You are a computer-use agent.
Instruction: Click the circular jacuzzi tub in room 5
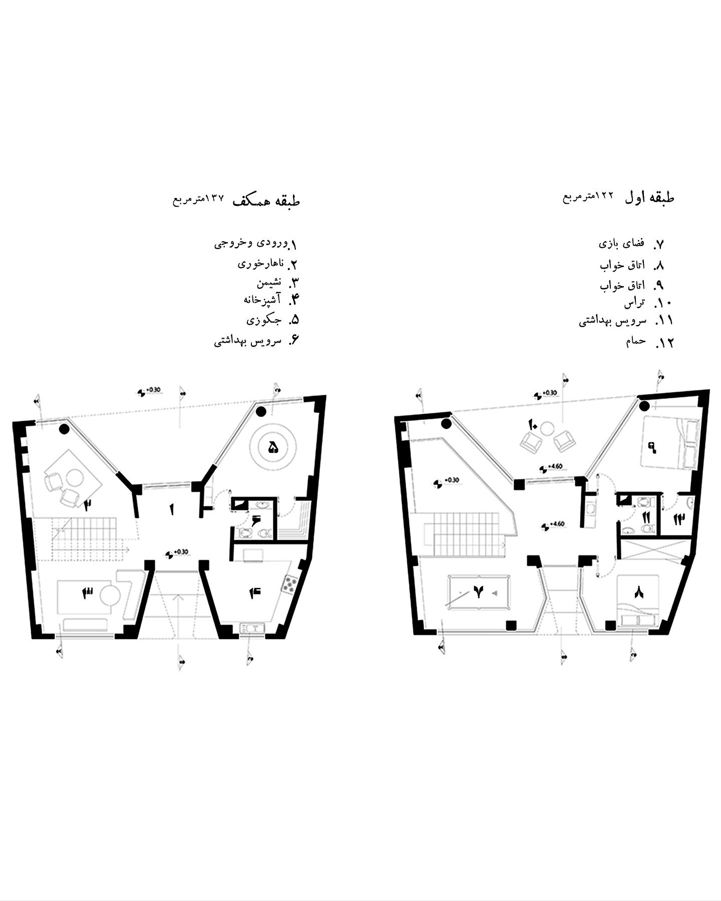[x=273, y=447]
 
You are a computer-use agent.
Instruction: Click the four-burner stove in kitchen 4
[x=289, y=584]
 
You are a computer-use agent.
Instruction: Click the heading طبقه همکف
[x=266, y=201]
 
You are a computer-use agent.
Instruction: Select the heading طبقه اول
[x=649, y=198]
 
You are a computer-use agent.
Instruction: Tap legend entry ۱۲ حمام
[x=649, y=342]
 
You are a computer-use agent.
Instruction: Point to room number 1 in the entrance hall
[x=172, y=510]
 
